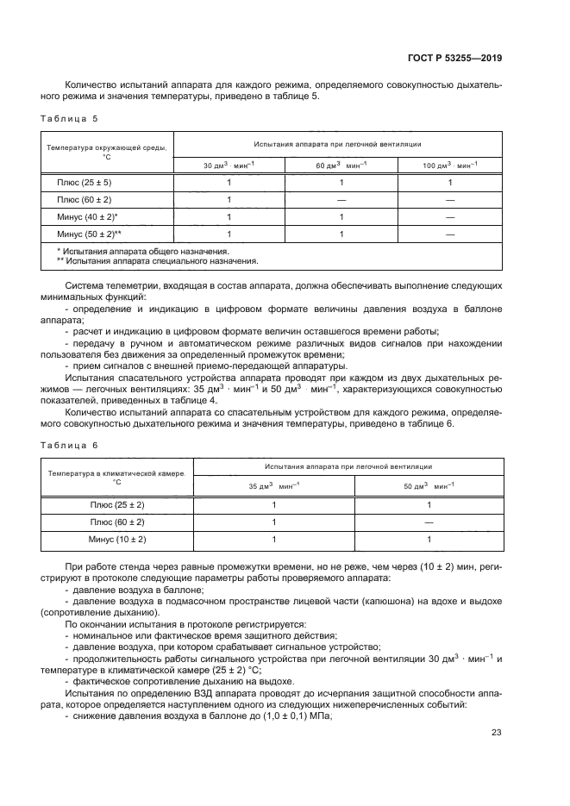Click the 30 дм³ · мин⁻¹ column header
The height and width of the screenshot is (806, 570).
point(229,165)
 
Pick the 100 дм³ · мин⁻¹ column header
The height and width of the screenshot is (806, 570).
point(449,165)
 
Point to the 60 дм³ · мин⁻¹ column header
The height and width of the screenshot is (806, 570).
point(341,165)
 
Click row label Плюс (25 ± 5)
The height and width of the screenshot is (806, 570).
point(85,183)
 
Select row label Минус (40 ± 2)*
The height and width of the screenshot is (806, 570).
point(87,216)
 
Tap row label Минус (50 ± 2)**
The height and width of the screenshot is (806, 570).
point(89,233)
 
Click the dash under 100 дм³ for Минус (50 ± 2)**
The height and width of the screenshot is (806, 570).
point(449,233)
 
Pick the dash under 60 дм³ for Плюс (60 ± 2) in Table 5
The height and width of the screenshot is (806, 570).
point(341,200)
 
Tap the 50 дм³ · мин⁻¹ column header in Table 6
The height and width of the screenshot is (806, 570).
point(429,487)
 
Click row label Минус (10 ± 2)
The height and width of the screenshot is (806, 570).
point(117,539)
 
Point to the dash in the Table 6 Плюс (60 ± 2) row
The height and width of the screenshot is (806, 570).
point(429,522)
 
